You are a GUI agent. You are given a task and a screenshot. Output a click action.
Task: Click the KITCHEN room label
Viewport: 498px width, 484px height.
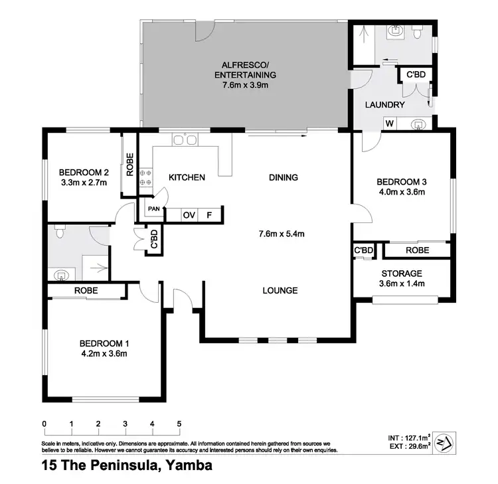coord(186,177)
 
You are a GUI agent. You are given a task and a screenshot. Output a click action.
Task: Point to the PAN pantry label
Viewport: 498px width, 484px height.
coord(154,208)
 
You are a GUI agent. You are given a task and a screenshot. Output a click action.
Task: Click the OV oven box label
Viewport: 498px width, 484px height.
coord(189,214)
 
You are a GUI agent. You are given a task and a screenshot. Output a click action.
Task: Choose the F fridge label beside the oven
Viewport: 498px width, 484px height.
coord(208,214)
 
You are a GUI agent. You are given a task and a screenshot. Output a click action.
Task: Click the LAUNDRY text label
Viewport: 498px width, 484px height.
coord(385,105)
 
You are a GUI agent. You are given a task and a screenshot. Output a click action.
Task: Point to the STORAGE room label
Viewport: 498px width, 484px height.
coord(401,273)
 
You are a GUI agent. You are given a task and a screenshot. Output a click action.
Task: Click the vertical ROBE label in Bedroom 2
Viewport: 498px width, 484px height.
coord(129,165)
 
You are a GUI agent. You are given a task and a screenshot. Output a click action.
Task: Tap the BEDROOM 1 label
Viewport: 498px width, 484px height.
coord(104,343)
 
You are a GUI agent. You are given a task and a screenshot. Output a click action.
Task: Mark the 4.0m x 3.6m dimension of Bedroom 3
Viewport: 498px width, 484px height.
coord(400,193)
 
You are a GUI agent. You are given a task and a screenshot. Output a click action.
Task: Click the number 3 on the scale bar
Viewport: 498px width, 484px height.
coord(125,424)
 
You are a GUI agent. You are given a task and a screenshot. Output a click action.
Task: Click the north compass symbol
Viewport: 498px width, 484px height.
coord(442,444)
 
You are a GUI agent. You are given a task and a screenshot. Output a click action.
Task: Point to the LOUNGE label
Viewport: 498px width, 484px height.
coord(279,290)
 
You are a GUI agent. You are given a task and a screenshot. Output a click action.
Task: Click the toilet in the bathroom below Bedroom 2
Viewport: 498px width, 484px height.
coord(60,232)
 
